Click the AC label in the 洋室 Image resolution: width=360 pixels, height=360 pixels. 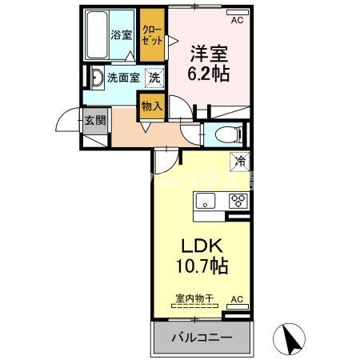coord(237,13)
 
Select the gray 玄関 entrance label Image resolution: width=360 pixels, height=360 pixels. coord(94,122)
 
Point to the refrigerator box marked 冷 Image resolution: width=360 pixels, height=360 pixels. coord(239,161)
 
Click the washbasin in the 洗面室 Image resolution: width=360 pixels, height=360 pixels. coord(96,78)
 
